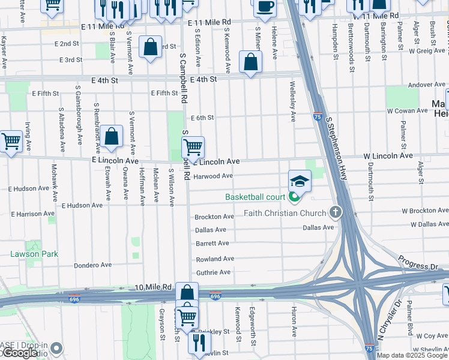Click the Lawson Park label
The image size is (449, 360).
(x=34, y=254)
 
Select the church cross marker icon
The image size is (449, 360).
(x=335, y=212)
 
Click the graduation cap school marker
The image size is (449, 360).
(x=300, y=180)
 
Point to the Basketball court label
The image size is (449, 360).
(x=255, y=197)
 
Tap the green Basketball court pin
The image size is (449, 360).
(x=294, y=196)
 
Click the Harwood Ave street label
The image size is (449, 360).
(x=213, y=176)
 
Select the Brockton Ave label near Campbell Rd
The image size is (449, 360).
(x=214, y=217)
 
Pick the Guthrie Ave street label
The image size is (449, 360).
(x=213, y=272)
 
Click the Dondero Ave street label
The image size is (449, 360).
(x=92, y=265)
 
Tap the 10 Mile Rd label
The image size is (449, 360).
(x=154, y=288)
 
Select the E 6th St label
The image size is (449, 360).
(x=202, y=118)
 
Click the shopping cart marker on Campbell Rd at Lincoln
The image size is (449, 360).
(x=193, y=146)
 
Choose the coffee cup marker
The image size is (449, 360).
(x=264, y=7)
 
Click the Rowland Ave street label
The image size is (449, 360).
(x=215, y=259)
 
